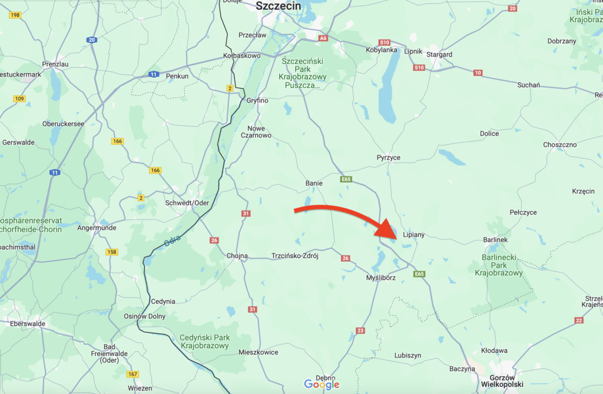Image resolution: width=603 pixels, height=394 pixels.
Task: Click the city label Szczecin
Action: coord(279,6)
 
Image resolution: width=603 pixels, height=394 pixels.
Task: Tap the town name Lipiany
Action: coord(413,235)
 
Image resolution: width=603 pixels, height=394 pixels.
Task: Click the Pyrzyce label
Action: coord(389,158)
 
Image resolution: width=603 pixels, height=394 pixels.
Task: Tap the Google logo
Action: coord(322,384)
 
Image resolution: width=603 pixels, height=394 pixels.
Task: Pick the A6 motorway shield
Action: coord(323,38)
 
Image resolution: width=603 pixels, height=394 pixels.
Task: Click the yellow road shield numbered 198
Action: coord(15,15)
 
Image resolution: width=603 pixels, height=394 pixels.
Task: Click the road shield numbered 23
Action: coord(360,330)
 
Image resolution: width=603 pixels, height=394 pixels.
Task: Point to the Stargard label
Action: coord(440,55)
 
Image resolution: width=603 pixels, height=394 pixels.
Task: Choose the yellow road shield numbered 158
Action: coord(112,252)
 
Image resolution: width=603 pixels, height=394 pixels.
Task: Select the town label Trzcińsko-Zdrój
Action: coord(294,256)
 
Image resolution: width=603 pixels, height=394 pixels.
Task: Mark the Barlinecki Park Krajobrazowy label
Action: coord(499,265)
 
